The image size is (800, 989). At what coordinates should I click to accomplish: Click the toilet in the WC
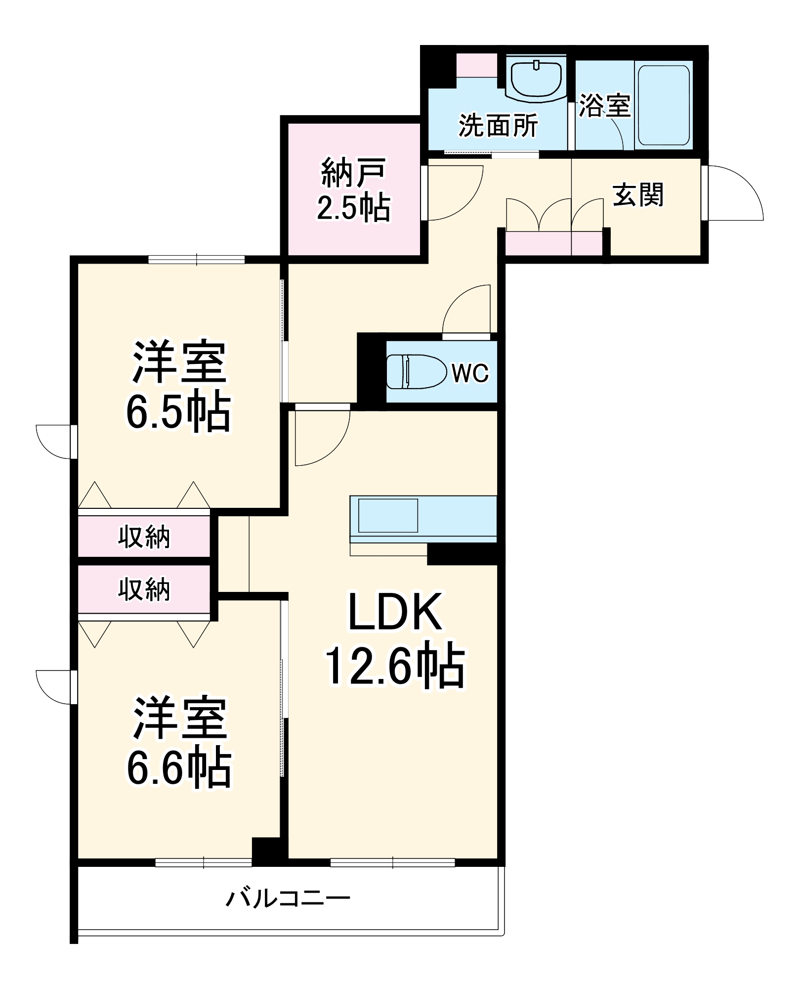(415, 372)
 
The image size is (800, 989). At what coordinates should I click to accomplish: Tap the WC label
(470, 373)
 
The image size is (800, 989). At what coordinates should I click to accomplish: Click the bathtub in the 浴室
(664, 105)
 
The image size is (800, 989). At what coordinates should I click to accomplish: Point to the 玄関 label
(638, 195)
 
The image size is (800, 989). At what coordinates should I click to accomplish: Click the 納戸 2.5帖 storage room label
(353, 190)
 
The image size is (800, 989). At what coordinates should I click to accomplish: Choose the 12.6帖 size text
(395, 666)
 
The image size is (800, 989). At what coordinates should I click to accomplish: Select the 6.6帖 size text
(179, 768)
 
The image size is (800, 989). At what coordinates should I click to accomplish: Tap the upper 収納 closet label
(144, 537)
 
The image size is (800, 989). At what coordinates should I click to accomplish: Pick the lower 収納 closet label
(144, 589)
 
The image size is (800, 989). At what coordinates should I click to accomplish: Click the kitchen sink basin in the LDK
(388, 515)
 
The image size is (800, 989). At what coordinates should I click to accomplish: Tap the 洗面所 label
(498, 126)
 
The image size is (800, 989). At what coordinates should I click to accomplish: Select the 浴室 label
(604, 106)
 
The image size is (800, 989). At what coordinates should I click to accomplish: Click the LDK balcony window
(392, 863)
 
